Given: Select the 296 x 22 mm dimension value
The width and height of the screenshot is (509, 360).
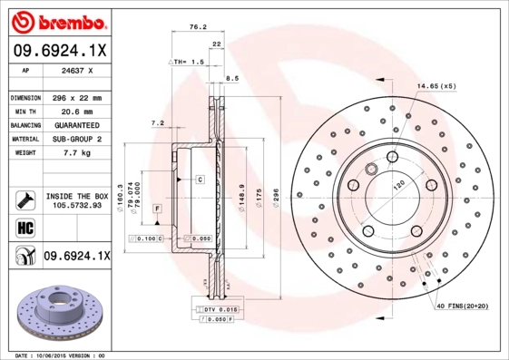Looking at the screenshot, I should click(x=73, y=97).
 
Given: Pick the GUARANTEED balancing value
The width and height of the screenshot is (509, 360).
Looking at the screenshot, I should click(x=73, y=125).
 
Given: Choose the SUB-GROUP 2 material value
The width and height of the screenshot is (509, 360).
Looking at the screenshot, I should click(x=73, y=139).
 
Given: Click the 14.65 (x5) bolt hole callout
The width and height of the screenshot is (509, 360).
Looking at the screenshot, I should click(x=436, y=86).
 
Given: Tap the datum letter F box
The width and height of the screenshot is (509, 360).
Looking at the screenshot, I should click(x=157, y=209).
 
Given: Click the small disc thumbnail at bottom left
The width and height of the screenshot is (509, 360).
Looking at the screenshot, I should click(x=55, y=313).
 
